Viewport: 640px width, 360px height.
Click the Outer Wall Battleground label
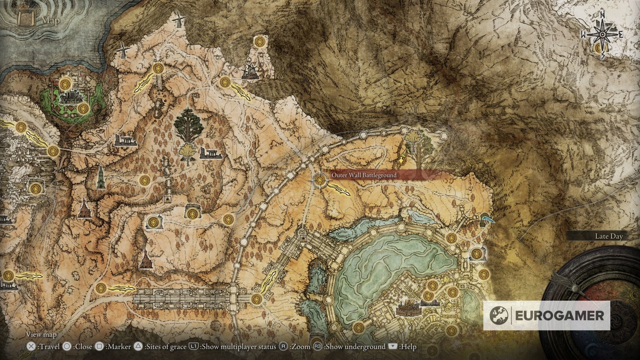(x=364, y=175)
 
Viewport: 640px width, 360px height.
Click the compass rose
(x=602, y=34)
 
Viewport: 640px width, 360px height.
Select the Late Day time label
(x=609, y=236)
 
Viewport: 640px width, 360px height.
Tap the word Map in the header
(x=51, y=21)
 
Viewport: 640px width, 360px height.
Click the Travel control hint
(x=43, y=347)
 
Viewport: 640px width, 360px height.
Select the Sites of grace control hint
(x=160, y=347)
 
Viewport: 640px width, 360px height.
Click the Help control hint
(x=403, y=347)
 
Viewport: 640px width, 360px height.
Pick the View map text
(x=41, y=334)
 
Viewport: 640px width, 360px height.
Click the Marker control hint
(x=113, y=347)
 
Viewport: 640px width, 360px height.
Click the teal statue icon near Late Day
(x=485, y=219)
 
